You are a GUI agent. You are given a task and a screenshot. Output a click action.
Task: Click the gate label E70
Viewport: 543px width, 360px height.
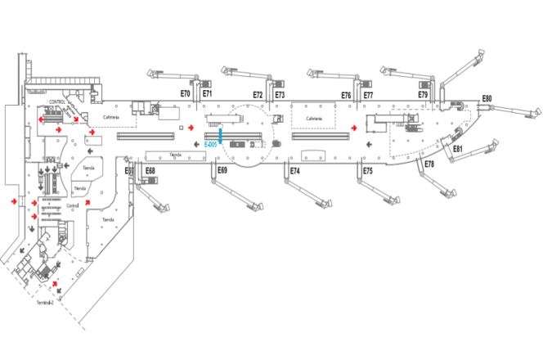click(185, 94)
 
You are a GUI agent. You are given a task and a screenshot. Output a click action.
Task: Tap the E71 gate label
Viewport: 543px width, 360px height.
click(208, 94)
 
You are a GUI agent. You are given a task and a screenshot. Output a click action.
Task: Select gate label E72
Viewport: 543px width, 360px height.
click(258, 95)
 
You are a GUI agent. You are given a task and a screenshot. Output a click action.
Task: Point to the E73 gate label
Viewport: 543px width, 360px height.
click(280, 95)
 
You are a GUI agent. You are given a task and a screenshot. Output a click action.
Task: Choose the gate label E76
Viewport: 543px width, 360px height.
click(346, 96)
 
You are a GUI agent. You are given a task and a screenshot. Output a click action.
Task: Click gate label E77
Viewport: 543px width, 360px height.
click(368, 96)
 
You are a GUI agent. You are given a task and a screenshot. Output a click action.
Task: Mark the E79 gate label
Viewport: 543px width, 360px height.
click(423, 95)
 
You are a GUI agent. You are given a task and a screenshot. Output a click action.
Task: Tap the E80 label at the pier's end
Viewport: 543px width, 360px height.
click(487, 99)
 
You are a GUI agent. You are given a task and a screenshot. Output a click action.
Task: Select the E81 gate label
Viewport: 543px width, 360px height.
click(458, 149)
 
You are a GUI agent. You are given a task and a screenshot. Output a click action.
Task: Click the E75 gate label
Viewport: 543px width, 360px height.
click(367, 171)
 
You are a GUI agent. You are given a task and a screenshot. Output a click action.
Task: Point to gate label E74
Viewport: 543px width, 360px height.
click(294, 171)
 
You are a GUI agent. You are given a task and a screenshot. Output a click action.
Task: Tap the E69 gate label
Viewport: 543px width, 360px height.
click(222, 170)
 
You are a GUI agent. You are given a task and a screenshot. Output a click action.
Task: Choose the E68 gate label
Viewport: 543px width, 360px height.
click(150, 171)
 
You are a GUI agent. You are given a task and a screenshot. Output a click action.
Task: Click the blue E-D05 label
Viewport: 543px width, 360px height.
click(210, 144)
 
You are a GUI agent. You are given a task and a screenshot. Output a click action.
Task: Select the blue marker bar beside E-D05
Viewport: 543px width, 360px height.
click(221, 136)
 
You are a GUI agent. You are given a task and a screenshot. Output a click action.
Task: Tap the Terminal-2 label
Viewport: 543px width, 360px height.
click(46, 303)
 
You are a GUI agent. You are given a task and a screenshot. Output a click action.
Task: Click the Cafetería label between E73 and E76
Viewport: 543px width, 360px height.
click(315, 119)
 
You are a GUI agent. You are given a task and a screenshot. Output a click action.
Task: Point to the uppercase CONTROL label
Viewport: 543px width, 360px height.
click(57, 102)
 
